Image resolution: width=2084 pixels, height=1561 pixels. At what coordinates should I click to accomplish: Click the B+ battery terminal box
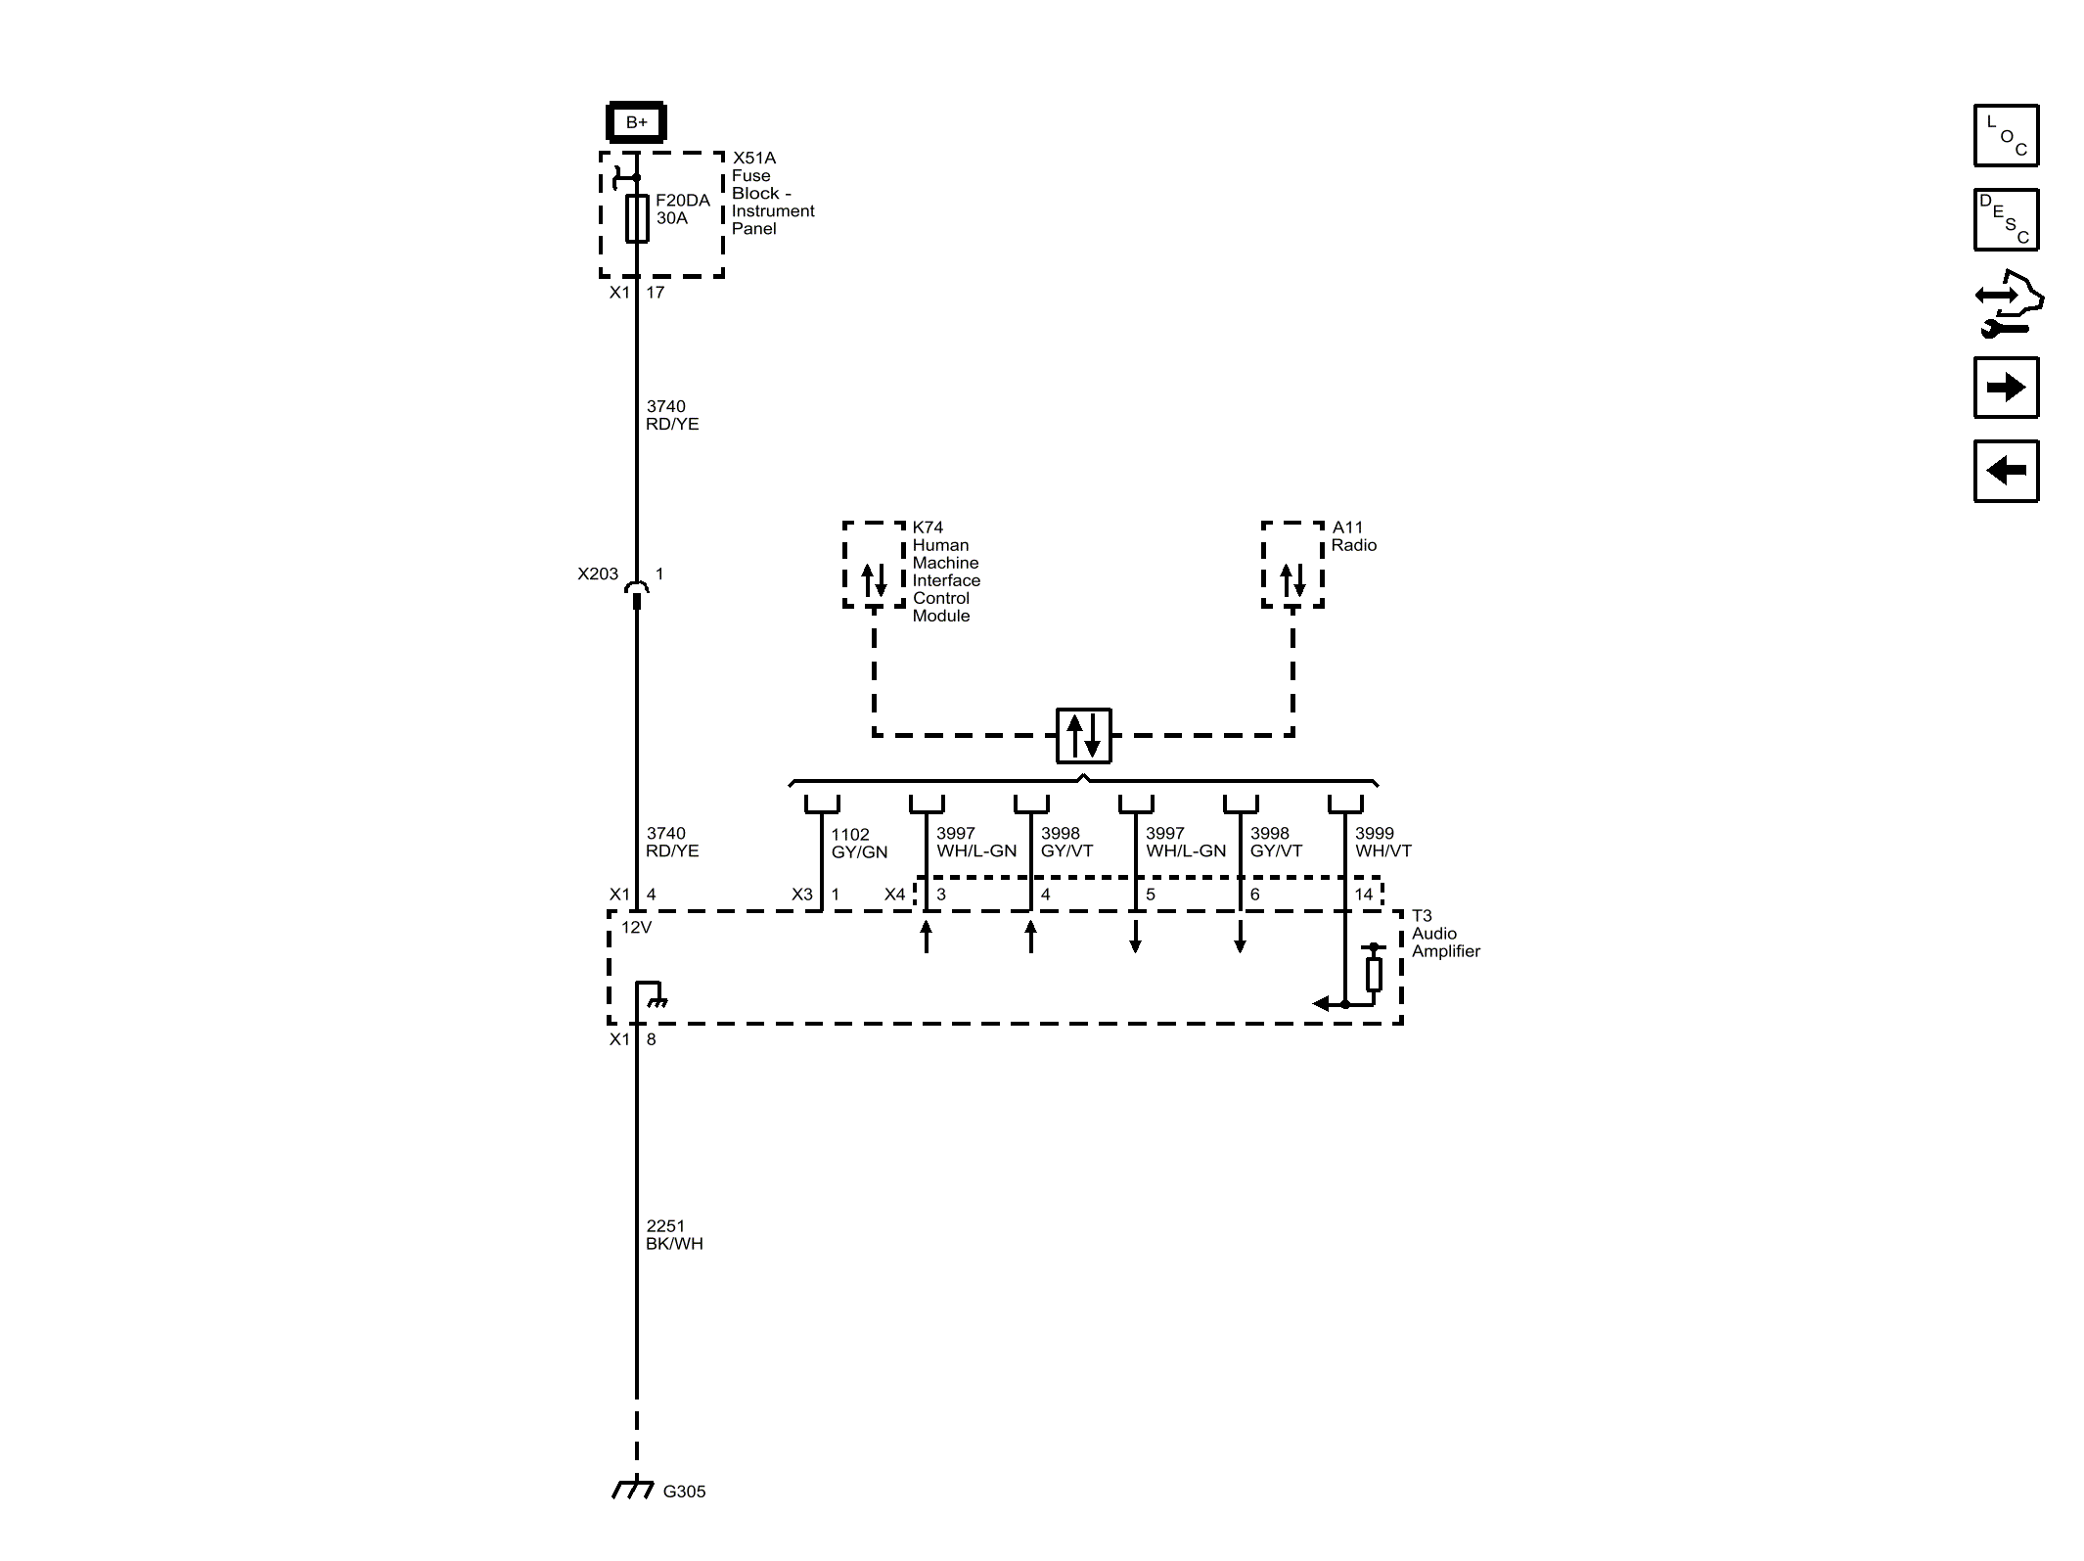[636, 122]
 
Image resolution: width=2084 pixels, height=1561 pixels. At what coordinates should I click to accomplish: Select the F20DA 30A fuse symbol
[637, 218]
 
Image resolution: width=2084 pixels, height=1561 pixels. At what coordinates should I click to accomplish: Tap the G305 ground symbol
[634, 1491]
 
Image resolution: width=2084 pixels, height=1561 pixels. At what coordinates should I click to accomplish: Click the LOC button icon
[2006, 135]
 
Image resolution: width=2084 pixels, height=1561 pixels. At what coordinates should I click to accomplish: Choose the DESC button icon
[2006, 219]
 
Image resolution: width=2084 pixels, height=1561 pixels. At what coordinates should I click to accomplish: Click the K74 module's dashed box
[874, 565]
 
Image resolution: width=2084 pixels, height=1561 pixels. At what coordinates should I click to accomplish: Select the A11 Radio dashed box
[1292, 565]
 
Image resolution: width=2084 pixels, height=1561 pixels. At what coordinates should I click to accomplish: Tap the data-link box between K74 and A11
[1083, 735]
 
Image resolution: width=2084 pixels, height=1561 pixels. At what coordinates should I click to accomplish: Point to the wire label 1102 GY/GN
[859, 843]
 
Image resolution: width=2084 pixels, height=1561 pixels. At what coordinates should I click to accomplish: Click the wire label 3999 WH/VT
[1382, 842]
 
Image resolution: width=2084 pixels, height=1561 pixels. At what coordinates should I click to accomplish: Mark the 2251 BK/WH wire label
[674, 1234]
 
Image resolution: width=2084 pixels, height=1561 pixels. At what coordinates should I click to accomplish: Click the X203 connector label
[597, 574]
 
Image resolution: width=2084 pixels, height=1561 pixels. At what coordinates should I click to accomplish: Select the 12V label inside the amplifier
[636, 927]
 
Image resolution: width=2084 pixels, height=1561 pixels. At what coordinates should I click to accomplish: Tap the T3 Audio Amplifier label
[1445, 934]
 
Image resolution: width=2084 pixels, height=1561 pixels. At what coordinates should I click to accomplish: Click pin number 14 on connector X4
[1363, 895]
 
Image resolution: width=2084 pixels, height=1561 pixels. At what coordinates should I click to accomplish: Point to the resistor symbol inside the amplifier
[1374, 974]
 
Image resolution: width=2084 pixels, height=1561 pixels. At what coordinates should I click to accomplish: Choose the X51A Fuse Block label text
[772, 193]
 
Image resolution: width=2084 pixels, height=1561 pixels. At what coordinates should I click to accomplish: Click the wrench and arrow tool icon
[2008, 304]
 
